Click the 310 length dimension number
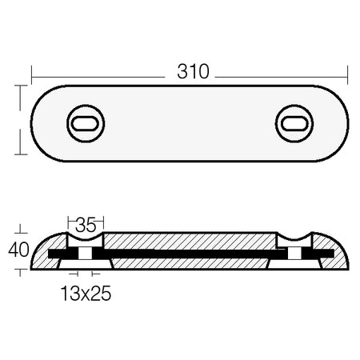coord(193,71)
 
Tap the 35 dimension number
coord(86,225)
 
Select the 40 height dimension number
coord(18,250)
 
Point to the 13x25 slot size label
coord(86,294)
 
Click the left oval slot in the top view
coord(86,124)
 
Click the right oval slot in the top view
coord(294,124)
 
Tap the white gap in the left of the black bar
coord(85,254)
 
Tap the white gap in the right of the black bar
coord(294,254)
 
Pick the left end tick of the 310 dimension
coord(32,75)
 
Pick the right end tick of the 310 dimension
coord(348,75)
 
